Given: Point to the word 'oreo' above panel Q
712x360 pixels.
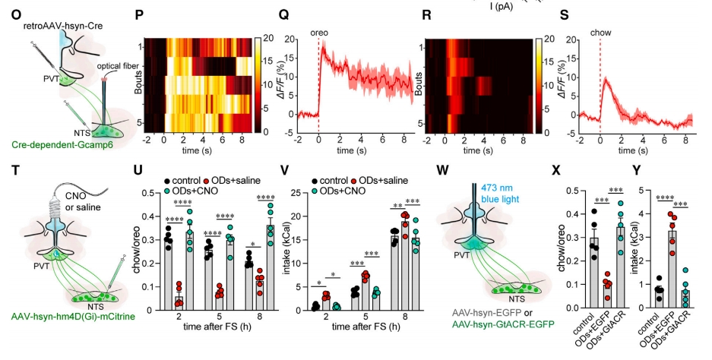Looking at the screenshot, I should [319, 33].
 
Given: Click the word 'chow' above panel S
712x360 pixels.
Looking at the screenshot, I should [600, 33].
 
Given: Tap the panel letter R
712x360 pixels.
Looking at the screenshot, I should [426, 14].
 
